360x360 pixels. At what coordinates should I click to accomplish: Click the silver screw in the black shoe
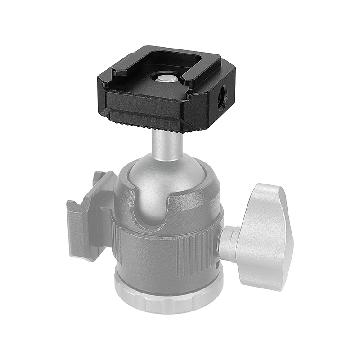click(167, 79)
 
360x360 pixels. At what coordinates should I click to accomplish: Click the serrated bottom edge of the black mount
click(148, 122)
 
